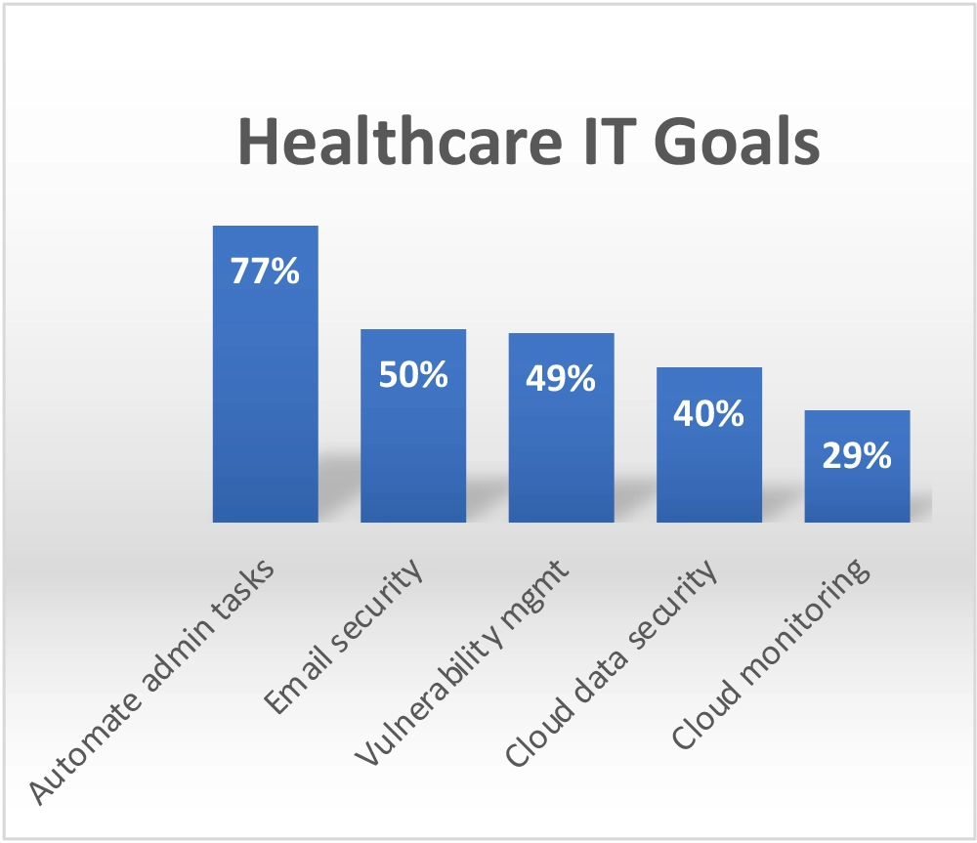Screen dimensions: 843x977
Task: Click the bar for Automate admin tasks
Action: click(266, 391)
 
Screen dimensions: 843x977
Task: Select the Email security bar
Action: click(413, 440)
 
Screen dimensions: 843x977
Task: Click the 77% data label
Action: click(265, 272)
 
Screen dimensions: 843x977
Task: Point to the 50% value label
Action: click(413, 374)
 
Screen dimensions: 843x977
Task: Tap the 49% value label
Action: click(561, 378)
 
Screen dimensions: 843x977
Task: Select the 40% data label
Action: click(709, 413)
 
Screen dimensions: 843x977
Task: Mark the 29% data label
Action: click(857, 455)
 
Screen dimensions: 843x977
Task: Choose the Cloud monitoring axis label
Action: click(770, 654)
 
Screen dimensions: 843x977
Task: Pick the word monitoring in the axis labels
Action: click(799, 625)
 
